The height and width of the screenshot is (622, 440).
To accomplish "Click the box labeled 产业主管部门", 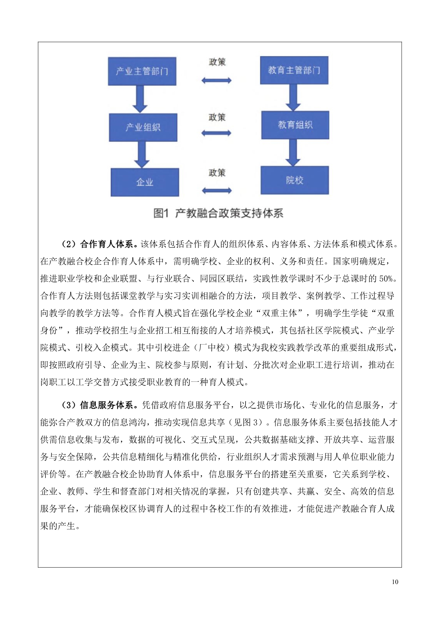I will click(142, 71).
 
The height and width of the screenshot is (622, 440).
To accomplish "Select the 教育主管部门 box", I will click(294, 70).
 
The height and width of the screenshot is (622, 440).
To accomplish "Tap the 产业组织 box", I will click(143, 127).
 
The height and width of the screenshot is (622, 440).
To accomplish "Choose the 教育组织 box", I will click(295, 125).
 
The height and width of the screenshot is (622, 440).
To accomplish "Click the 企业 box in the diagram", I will click(144, 182).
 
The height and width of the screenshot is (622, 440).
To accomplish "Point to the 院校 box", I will click(295, 180).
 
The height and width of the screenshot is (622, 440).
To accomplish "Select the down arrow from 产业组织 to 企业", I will click(142, 155).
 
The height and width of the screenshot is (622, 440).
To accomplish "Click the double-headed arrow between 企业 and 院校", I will click(216, 191).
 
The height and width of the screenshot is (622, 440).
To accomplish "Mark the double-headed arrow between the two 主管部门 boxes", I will click(216, 81).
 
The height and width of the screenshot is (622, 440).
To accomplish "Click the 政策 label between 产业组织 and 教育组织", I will click(217, 117).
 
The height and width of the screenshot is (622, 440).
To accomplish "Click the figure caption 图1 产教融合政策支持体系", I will click(218, 213).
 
